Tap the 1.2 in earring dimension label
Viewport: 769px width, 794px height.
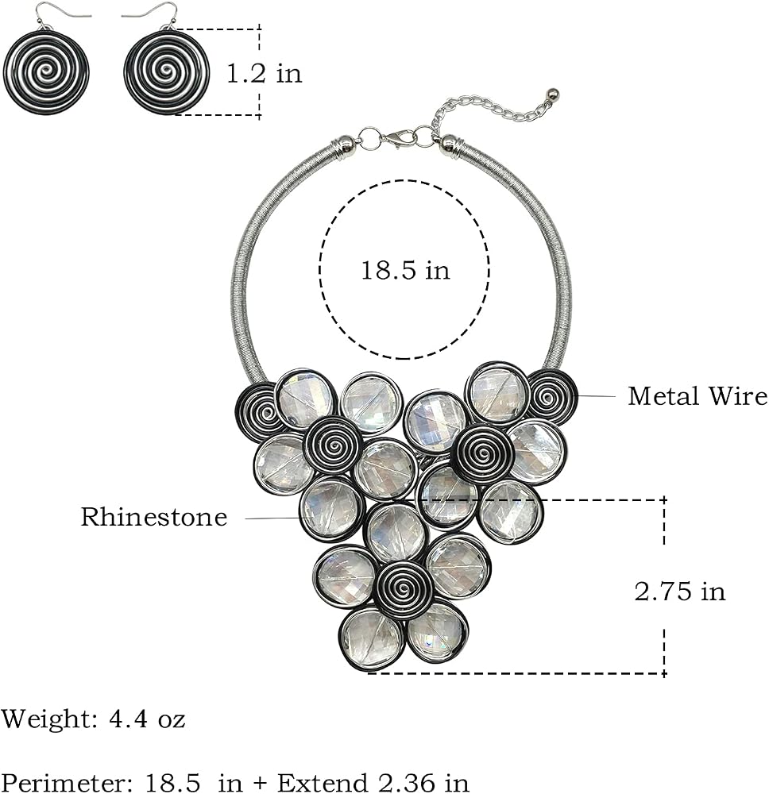pos(264,73)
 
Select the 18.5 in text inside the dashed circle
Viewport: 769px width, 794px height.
pos(405,269)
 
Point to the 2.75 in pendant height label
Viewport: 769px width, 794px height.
pos(680,591)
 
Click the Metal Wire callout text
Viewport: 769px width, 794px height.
pos(698,395)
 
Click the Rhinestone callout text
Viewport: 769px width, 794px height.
pos(154,517)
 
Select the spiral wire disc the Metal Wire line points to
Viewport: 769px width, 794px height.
pos(550,396)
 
